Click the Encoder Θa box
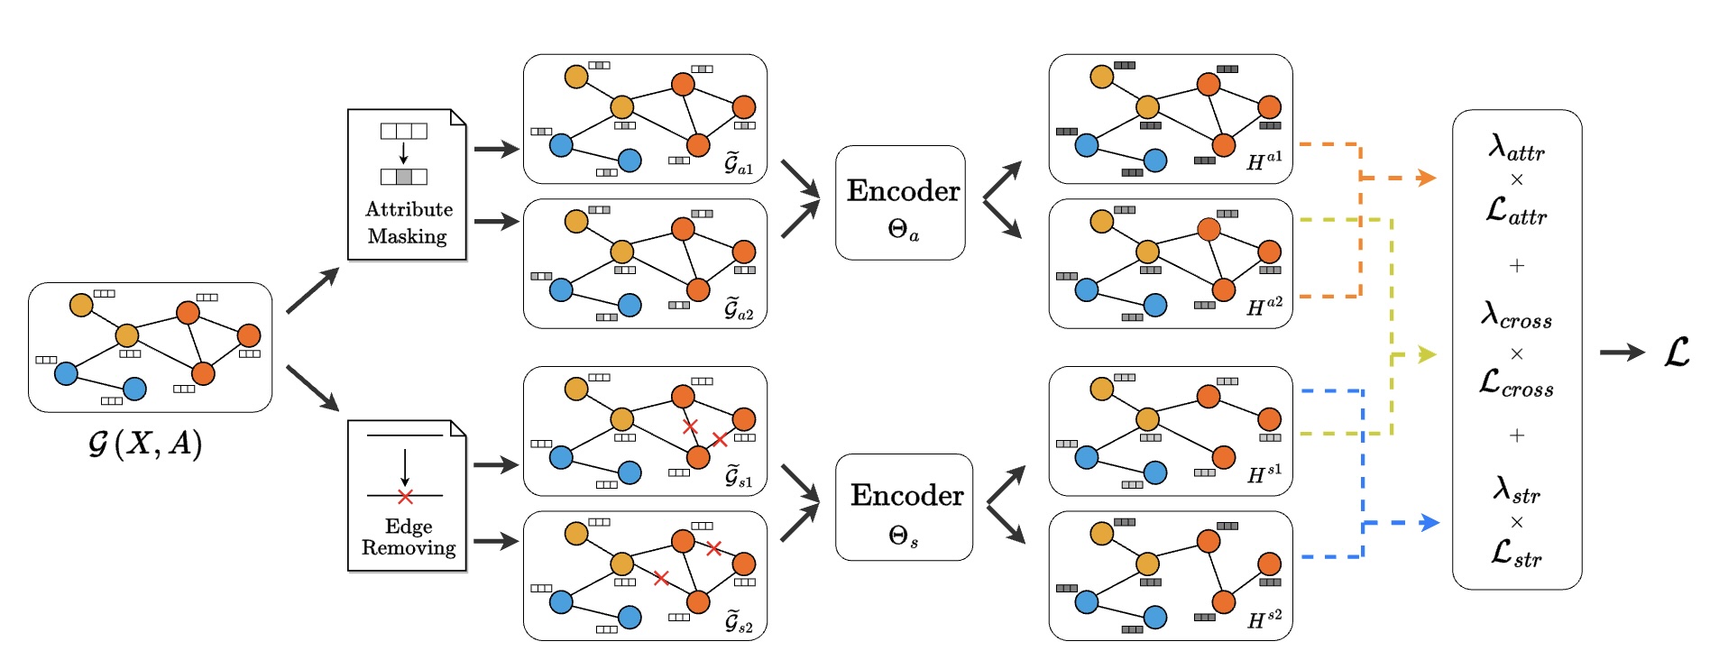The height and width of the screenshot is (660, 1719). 900,203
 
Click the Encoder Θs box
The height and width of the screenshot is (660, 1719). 904,508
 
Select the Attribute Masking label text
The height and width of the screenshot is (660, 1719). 408,223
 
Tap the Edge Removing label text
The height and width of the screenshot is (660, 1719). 409,537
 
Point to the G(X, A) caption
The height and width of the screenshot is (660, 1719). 145,443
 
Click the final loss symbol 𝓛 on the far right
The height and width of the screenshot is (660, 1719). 1677,352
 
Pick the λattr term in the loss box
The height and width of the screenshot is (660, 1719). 1516,147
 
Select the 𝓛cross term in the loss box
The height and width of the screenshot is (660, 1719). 1516,383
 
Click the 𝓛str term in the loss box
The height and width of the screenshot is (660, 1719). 1516,552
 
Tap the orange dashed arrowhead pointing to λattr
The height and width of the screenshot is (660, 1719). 1426,178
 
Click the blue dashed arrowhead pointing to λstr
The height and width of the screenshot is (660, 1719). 1429,522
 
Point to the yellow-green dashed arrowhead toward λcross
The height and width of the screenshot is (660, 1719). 1427,354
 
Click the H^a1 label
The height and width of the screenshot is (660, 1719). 1264,161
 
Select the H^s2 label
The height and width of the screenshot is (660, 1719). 1264,619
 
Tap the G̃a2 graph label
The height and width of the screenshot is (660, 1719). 739,309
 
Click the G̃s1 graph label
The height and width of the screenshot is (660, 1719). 739,477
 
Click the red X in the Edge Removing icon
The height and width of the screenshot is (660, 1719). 405,497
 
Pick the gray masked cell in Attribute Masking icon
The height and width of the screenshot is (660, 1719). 404,177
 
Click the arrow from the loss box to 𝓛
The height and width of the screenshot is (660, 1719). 1622,353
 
